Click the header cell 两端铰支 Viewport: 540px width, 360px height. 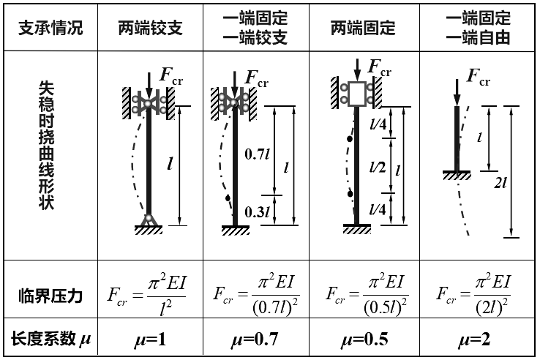[150, 28]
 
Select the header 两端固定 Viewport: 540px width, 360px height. [363, 28]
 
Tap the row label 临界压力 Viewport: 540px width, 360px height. [50, 296]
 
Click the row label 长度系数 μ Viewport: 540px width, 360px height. [51, 339]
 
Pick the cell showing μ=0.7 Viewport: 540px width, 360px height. [256, 340]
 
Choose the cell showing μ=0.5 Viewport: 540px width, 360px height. [363, 340]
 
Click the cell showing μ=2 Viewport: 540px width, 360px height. [476, 340]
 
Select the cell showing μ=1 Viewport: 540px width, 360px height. [150, 340]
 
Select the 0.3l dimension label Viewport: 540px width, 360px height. [255, 212]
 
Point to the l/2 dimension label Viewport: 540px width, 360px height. [378, 168]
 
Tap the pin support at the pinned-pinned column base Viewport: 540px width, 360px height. [149, 219]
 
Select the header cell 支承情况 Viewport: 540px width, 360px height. [50, 28]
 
